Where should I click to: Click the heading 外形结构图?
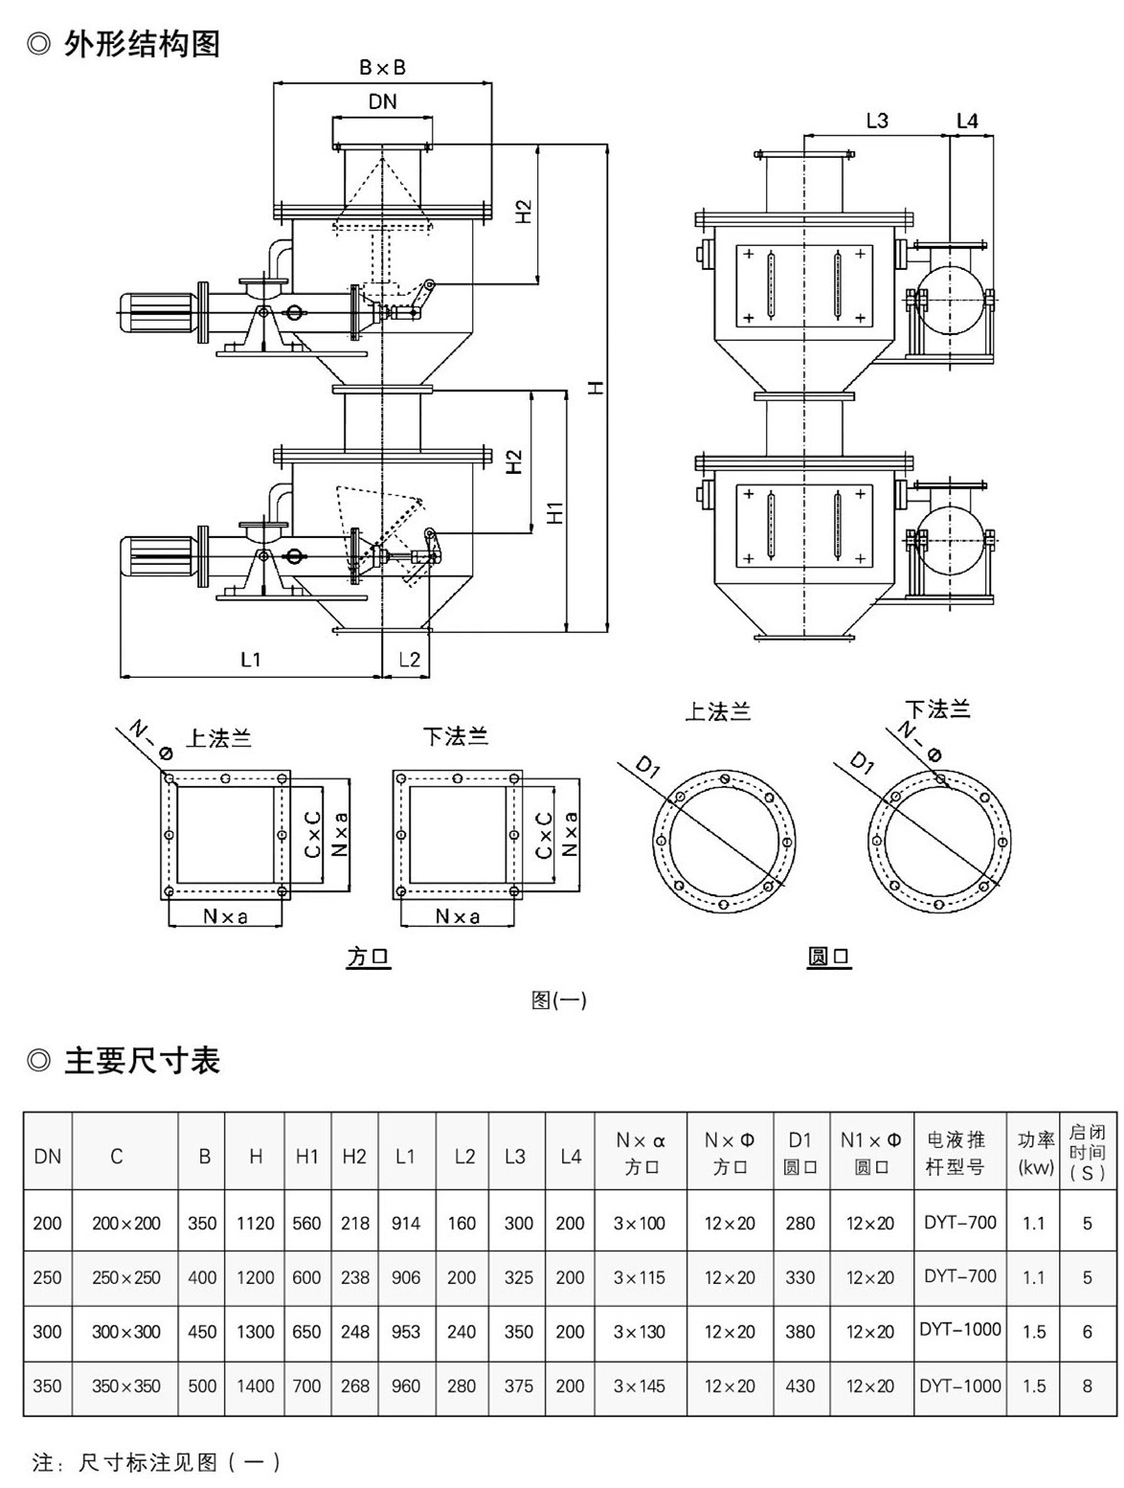[x=142, y=43]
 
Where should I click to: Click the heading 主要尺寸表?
[x=142, y=1061]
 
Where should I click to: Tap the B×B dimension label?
[x=383, y=67]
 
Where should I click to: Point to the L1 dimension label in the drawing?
[x=251, y=660]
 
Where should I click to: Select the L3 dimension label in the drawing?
[x=877, y=121]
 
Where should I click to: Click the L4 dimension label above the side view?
[x=967, y=121]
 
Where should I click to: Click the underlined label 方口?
[x=369, y=957]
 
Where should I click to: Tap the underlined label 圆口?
[x=829, y=957]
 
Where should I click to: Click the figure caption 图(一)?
[x=558, y=1001]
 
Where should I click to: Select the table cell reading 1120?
[x=256, y=1223]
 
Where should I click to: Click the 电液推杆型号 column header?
[x=959, y=1153]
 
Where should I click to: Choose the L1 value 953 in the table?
[x=406, y=1332]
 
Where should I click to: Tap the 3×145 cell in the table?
[x=640, y=1386]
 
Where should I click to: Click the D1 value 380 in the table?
[x=800, y=1332]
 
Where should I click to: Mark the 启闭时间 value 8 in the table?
[x=1087, y=1386]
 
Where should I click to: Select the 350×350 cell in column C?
[x=126, y=1386]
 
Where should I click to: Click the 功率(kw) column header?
[x=1035, y=1153]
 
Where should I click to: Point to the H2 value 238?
[x=354, y=1277]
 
